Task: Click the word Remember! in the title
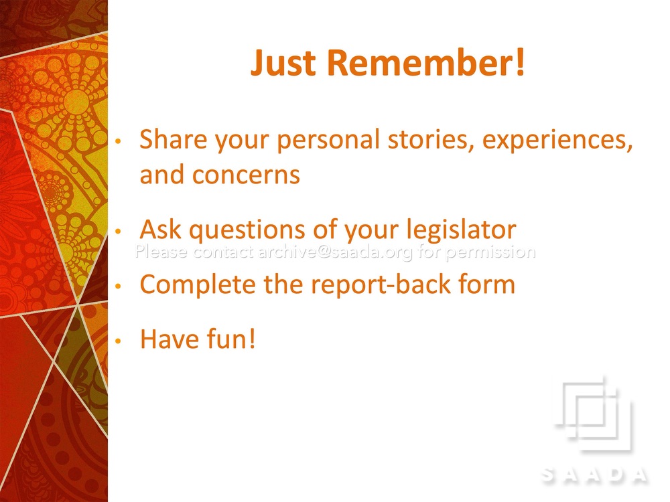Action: coord(425,63)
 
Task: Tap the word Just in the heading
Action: coord(283,63)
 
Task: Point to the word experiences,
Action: coord(557,141)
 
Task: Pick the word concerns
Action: coord(246,175)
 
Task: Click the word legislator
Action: coord(461,230)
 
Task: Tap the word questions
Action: coord(247,230)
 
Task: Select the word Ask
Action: coord(161,229)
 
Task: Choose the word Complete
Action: coord(198,285)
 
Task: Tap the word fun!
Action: coord(231,339)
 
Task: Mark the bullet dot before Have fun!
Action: coord(119,341)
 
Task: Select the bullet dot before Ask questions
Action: coord(119,232)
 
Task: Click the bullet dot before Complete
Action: coord(119,286)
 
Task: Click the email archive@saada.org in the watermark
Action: coord(336,252)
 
